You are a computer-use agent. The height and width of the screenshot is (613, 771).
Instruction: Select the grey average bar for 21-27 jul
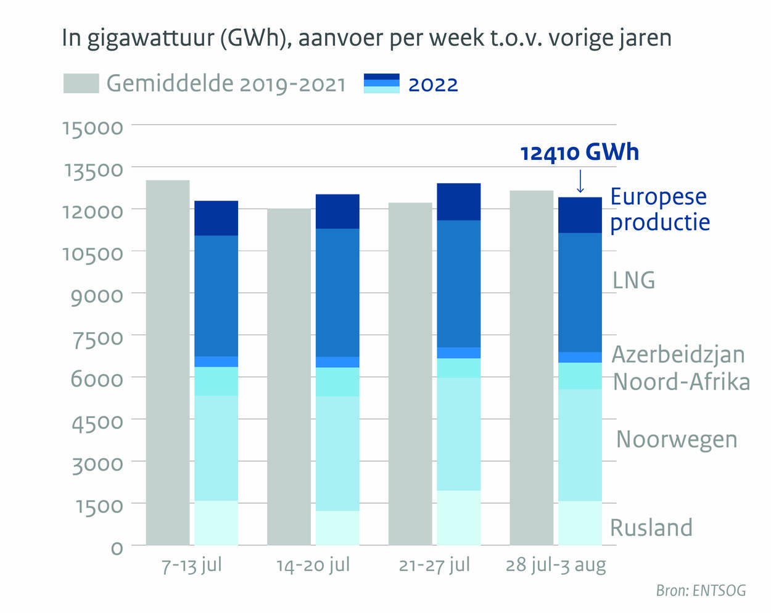coord(410,373)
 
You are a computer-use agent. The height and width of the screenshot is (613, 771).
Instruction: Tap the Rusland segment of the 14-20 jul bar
coord(337,528)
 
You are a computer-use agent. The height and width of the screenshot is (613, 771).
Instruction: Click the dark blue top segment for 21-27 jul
coord(458,202)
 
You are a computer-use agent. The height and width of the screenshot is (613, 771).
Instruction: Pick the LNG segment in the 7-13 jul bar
coord(216,296)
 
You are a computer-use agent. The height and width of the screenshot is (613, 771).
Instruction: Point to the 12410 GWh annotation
coord(579,152)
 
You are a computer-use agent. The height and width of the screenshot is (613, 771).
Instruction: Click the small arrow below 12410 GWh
coord(580,182)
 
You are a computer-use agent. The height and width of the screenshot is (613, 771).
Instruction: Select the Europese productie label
coord(659,209)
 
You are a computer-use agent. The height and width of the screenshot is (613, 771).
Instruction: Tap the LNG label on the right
coord(633,280)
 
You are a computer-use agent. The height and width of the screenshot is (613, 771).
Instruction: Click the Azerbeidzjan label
coord(678,354)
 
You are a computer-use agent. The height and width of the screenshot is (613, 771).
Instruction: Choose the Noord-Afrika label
coord(681,382)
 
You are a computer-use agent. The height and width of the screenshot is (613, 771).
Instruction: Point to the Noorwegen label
coord(677,440)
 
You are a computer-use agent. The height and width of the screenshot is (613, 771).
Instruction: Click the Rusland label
coord(651,528)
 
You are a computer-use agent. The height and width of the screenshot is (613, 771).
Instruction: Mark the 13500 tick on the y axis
coord(94,169)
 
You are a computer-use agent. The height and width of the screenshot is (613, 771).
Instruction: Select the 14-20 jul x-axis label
coord(313,565)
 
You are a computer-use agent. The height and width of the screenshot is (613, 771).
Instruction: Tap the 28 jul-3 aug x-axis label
coord(556,565)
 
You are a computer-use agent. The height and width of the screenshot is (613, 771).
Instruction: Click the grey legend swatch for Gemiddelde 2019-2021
coord(81,83)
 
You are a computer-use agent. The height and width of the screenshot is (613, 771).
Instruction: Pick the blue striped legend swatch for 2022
coord(382,83)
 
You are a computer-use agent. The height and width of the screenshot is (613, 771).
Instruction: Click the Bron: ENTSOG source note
coord(701,591)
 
